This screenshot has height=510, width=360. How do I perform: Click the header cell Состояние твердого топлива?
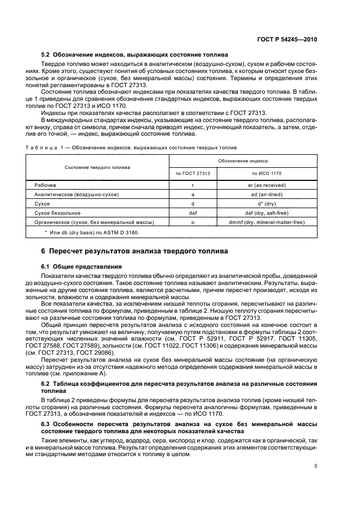tap(97, 167)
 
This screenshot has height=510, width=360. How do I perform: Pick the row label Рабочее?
tap(45, 185)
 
